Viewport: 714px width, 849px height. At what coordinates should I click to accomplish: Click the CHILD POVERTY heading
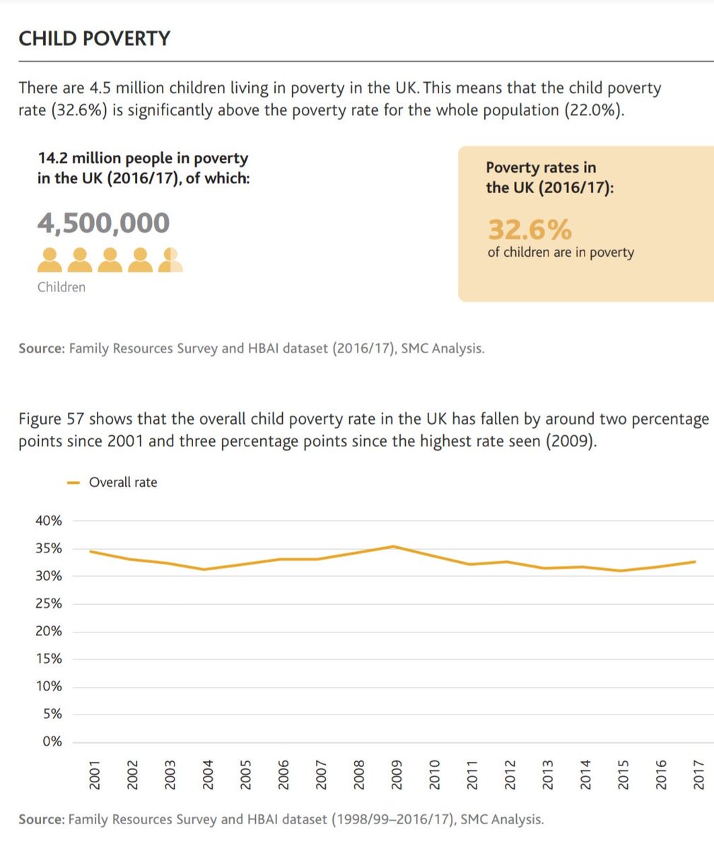click(94, 38)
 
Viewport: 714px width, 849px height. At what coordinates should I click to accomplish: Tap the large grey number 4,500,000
click(103, 223)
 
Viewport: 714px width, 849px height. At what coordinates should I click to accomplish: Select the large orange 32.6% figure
click(529, 230)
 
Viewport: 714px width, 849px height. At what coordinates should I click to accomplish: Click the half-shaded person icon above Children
click(170, 260)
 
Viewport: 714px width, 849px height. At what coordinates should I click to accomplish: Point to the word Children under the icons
click(62, 287)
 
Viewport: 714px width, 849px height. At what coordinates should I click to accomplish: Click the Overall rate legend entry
click(122, 483)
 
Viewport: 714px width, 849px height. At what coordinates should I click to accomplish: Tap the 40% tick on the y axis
click(49, 521)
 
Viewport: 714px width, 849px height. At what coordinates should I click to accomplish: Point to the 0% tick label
click(53, 742)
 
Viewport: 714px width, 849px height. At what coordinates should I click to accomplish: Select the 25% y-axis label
click(49, 603)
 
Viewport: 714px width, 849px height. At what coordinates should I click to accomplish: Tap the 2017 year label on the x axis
click(697, 775)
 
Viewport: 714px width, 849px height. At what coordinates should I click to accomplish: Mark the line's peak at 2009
click(394, 546)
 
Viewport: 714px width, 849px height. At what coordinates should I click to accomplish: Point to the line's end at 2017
click(696, 562)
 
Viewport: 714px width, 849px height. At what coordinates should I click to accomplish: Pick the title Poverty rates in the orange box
click(541, 168)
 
